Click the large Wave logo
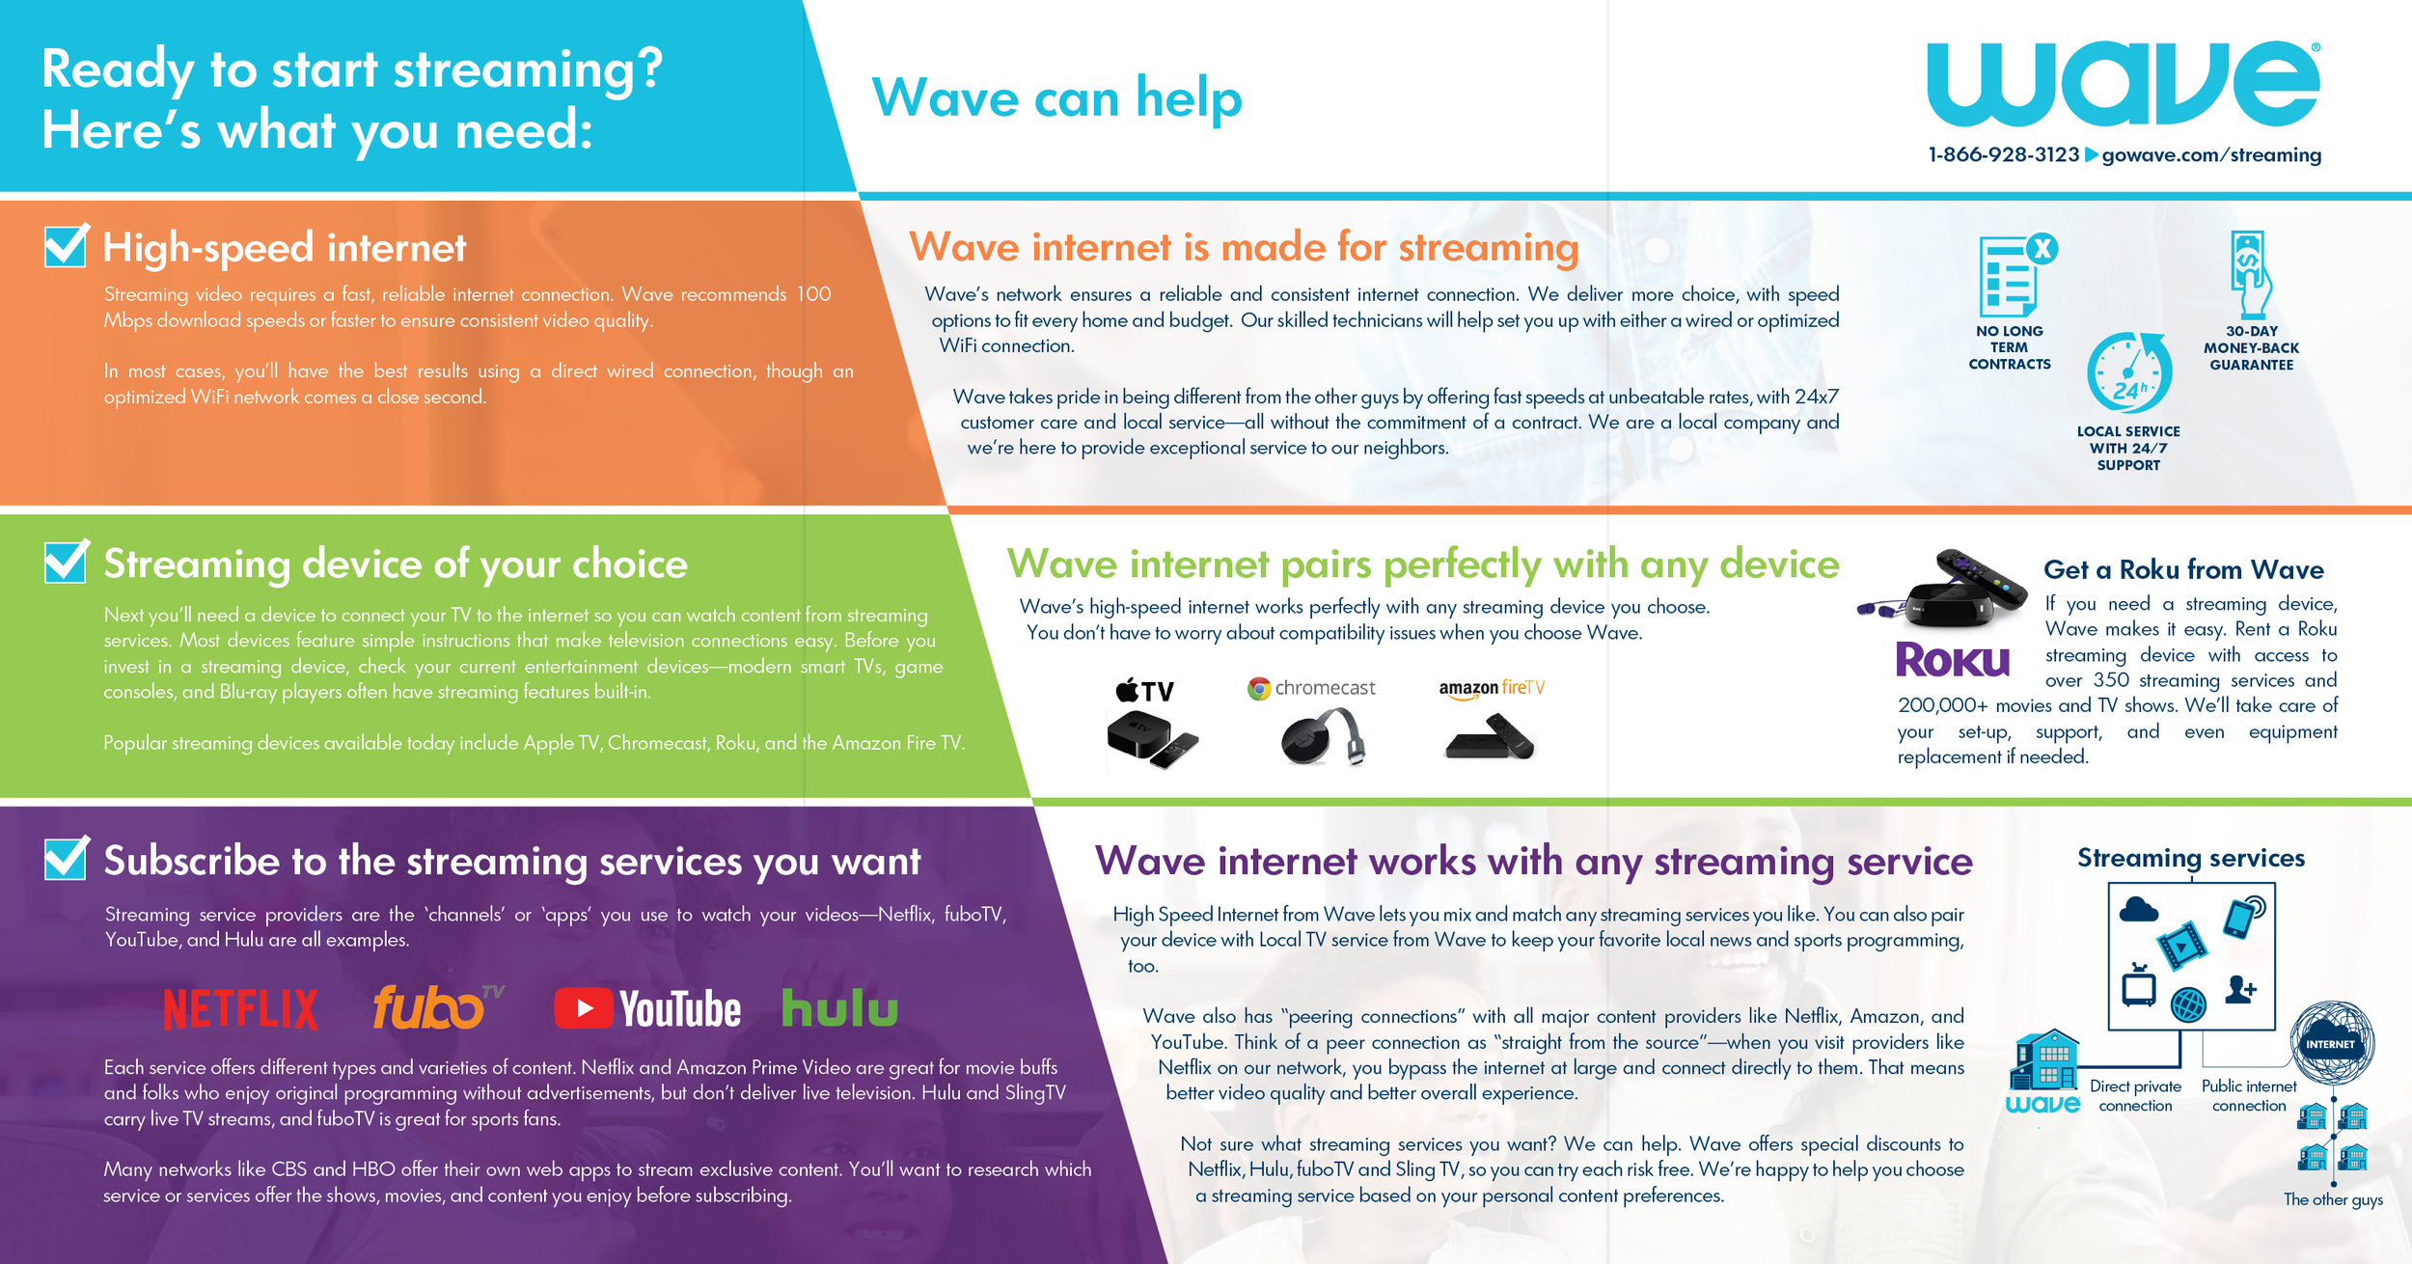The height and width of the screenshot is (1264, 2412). [2123, 84]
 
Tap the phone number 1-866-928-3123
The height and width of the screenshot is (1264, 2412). [2003, 155]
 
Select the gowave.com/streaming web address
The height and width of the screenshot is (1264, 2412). [2211, 155]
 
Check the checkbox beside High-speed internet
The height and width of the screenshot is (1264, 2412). [66, 246]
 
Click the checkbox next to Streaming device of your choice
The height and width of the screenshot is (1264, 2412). [66, 562]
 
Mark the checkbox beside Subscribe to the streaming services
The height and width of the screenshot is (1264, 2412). [66, 858]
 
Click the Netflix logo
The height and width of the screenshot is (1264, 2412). [240, 1009]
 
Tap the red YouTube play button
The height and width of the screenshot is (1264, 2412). [583, 1008]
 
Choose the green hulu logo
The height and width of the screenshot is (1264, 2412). [839, 1008]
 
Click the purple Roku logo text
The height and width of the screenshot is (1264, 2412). [1953, 661]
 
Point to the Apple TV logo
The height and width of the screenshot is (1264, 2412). [1145, 691]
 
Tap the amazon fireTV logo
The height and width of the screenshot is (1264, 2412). [1492, 688]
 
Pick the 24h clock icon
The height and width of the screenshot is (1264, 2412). [2129, 373]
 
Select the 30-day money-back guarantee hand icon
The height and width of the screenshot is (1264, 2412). [2251, 275]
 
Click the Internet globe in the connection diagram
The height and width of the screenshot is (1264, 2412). [2332, 1043]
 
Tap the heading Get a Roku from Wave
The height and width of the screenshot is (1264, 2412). [2183, 569]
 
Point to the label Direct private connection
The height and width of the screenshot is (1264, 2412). [2135, 1096]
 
